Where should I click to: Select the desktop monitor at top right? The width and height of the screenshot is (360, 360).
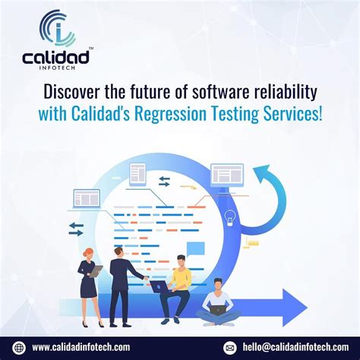226,175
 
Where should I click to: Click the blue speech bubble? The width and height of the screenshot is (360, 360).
197,248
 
